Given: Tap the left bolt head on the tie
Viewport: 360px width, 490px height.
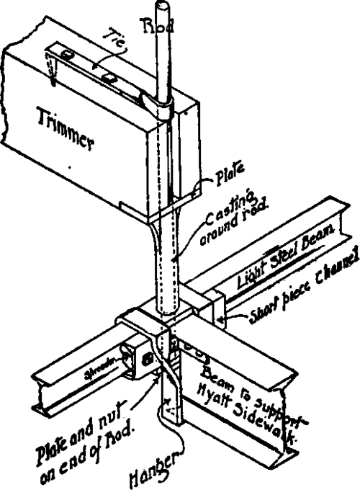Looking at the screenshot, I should tap(68, 55).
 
